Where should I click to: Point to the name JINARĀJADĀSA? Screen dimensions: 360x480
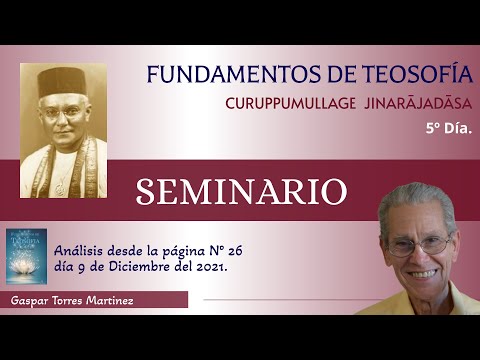point(410,104)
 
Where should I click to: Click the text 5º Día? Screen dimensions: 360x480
point(447,129)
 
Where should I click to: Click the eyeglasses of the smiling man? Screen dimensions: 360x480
point(420,243)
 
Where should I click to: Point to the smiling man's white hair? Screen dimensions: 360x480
point(415,201)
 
